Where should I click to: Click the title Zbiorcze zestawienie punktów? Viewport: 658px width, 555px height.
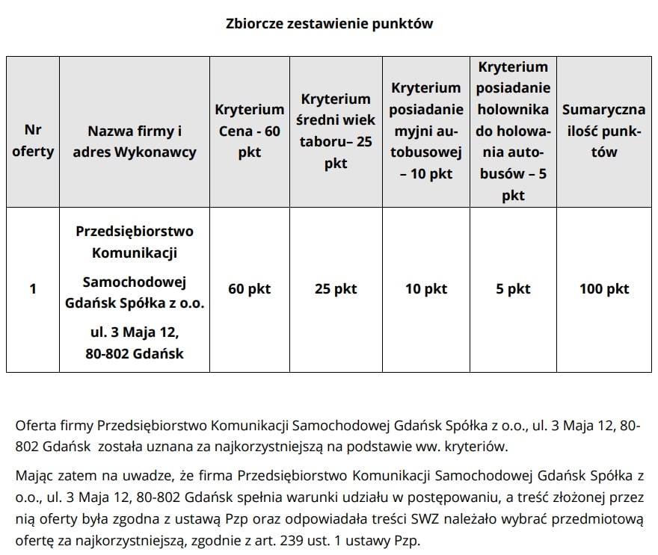(x=329, y=24)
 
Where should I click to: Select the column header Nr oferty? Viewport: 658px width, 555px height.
(x=33, y=141)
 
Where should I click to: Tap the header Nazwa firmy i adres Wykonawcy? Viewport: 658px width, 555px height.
(x=135, y=141)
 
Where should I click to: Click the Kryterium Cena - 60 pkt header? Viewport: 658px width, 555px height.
(x=250, y=131)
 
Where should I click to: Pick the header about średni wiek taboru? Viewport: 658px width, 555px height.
(x=336, y=131)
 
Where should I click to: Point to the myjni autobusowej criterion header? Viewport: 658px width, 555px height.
(x=425, y=131)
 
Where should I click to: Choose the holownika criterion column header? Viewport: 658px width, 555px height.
(x=513, y=131)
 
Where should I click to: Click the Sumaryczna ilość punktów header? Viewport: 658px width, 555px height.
(x=603, y=131)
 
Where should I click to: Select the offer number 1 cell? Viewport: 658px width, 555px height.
(x=33, y=289)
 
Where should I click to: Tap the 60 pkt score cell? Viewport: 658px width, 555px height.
(x=250, y=289)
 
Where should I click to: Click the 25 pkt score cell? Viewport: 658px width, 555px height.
(x=336, y=289)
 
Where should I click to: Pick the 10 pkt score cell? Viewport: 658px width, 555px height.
(x=425, y=289)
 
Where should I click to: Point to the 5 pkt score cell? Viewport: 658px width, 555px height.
(x=513, y=289)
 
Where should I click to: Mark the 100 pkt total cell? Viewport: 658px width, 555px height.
(x=604, y=289)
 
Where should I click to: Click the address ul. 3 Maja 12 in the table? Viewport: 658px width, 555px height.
(x=135, y=331)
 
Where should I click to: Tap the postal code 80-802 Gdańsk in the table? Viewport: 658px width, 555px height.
(x=135, y=353)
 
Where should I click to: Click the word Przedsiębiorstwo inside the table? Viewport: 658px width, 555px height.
(x=135, y=231)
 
